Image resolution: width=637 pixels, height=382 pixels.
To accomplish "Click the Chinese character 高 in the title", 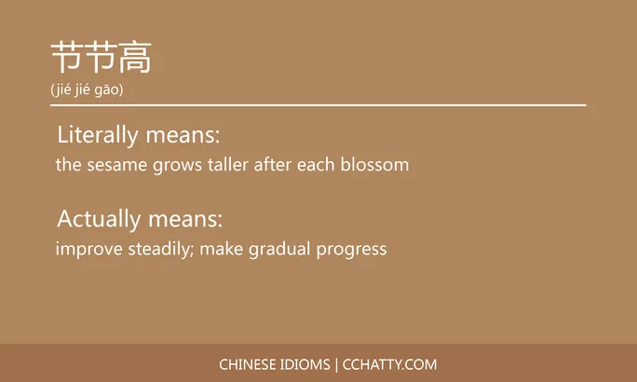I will tap(135, 59).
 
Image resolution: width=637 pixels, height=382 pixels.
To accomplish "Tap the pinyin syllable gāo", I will tap(108, 90).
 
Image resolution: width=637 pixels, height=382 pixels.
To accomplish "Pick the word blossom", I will tap(377, 165).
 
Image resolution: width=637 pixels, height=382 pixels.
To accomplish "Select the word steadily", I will tap(158, 250).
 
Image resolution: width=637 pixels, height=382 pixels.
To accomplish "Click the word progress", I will tap(352, 250).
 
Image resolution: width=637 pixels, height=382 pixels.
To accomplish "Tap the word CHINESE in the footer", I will tap(249, 364).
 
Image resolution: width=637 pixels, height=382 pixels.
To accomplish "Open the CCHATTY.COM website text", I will tap(390, 364).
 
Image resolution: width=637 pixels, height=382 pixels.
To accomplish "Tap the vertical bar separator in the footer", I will tap(336, 364).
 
